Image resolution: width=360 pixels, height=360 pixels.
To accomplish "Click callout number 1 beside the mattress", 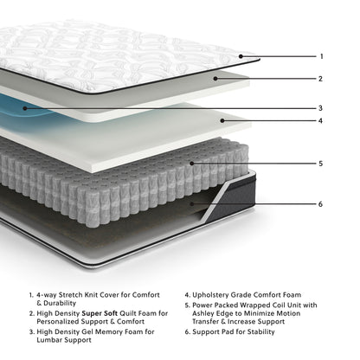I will (x=321, y=56).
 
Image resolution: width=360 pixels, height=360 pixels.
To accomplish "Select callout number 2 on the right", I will (x=321, y=79).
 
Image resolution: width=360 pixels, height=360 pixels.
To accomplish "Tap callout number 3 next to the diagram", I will (x=321, y=108).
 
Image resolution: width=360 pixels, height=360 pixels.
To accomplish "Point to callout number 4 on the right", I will (x=321, y=121).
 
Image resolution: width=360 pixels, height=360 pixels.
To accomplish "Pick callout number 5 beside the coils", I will (x=321, y=163).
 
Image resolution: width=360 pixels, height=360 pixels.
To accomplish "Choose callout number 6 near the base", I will (x=321, y=204).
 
